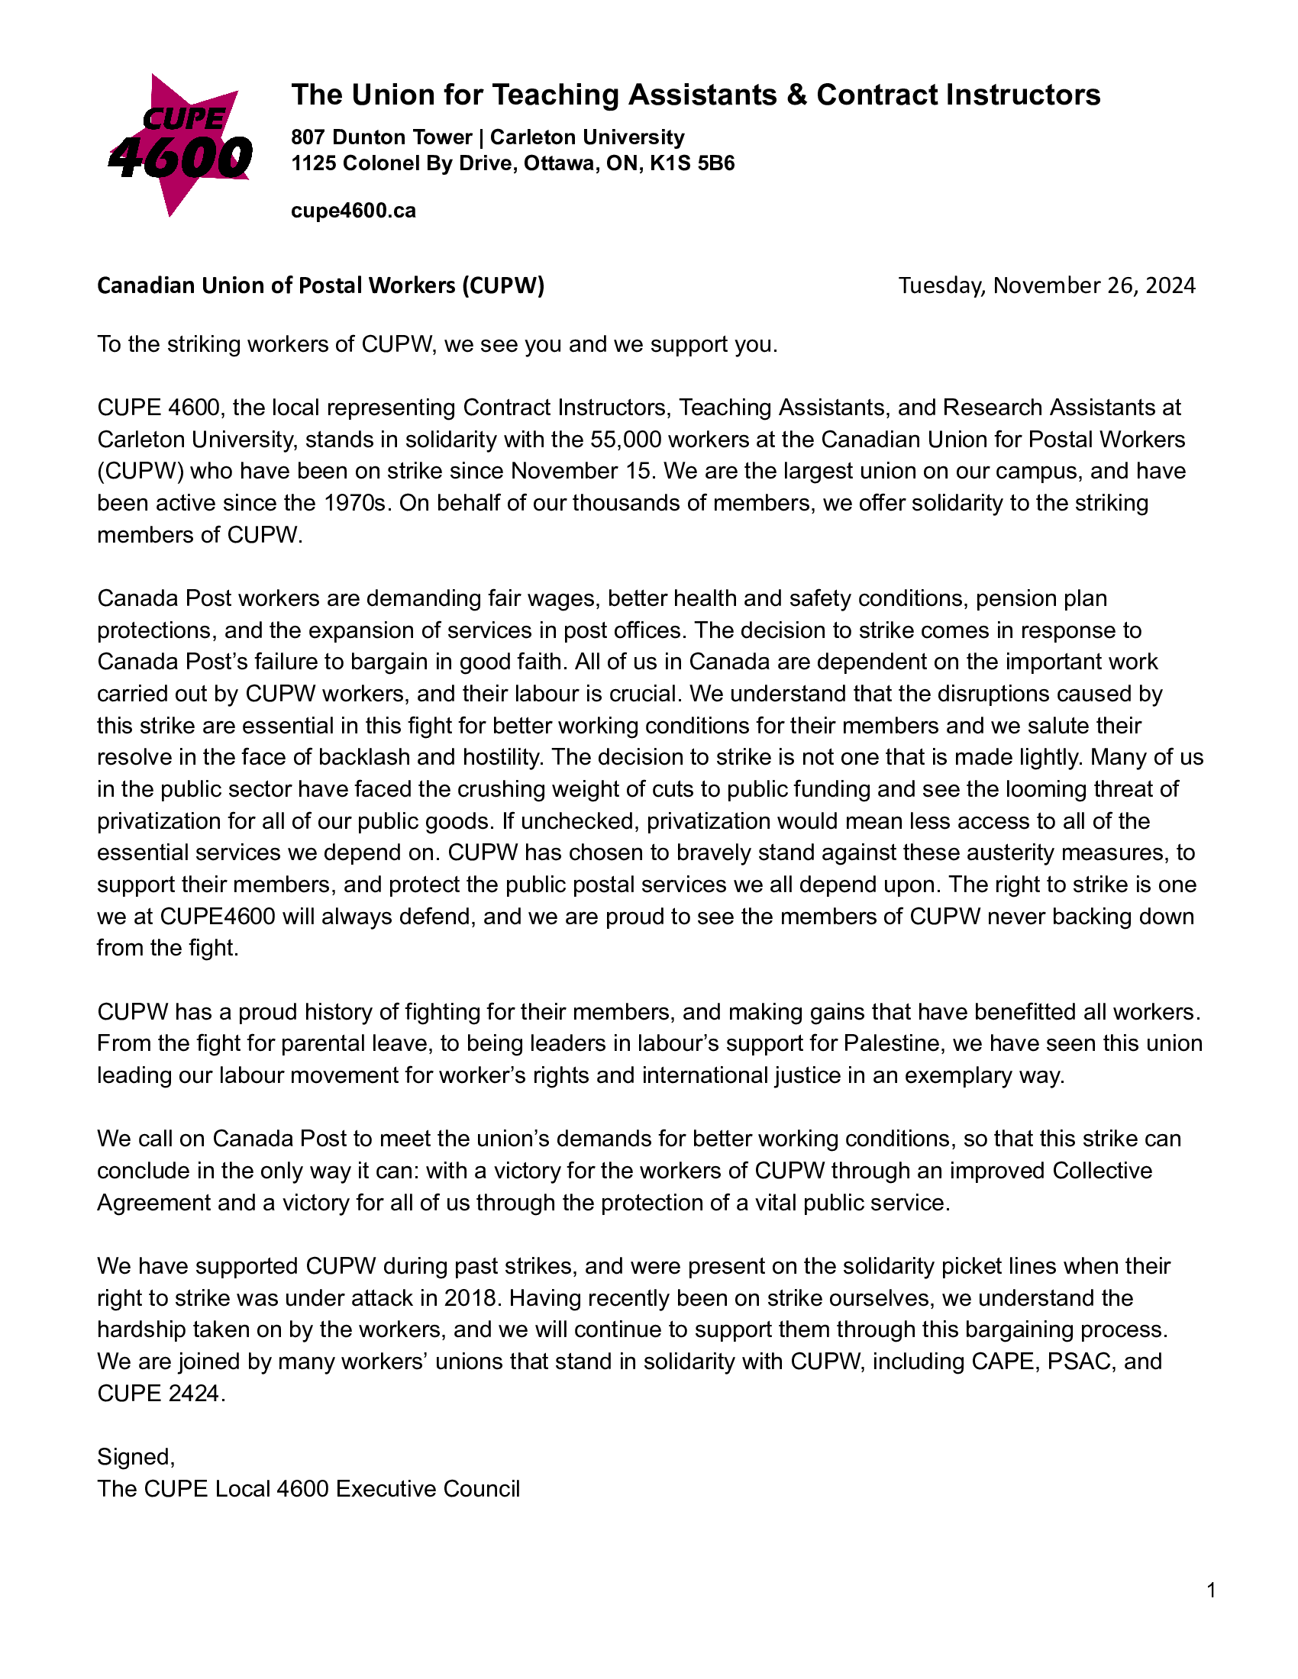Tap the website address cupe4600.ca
(x=353, y=211)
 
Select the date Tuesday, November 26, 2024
(x=1047, y=285)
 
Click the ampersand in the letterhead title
(x=796, y=95)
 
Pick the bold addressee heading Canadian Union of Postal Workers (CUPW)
(x=321, y=285)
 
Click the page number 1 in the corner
(x=1211, y=1590)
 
